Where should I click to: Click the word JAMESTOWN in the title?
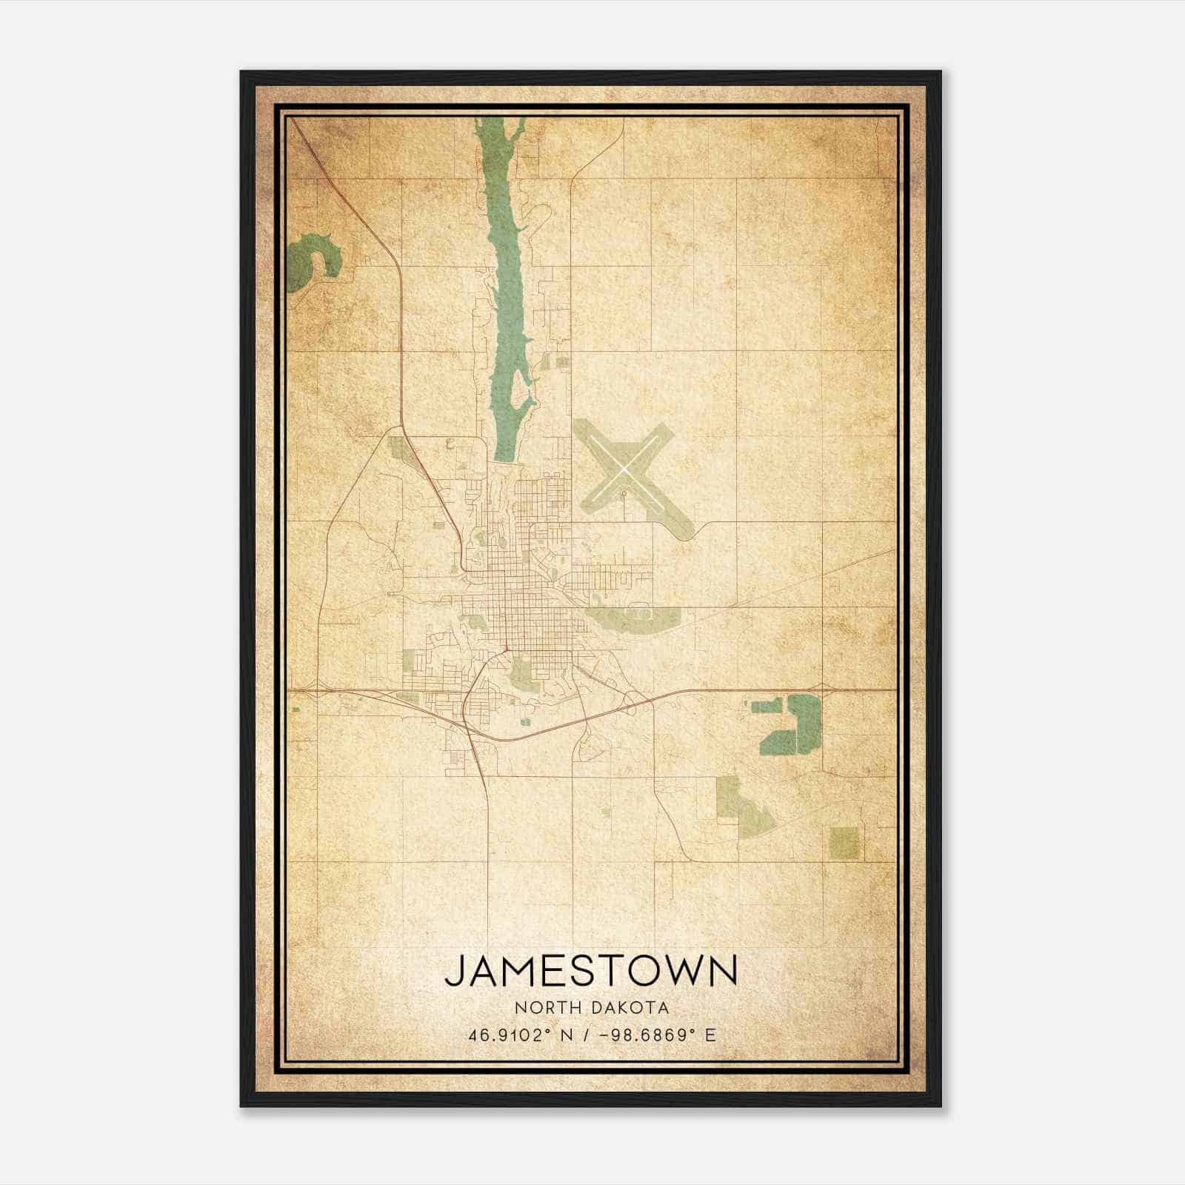[591, 971]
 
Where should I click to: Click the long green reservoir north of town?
[507, 296]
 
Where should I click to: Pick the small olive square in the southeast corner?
[844, 843]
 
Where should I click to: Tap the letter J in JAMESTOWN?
[454, 972]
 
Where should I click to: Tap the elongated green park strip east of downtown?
[630, 618]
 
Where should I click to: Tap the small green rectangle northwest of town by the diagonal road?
[398, 447]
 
